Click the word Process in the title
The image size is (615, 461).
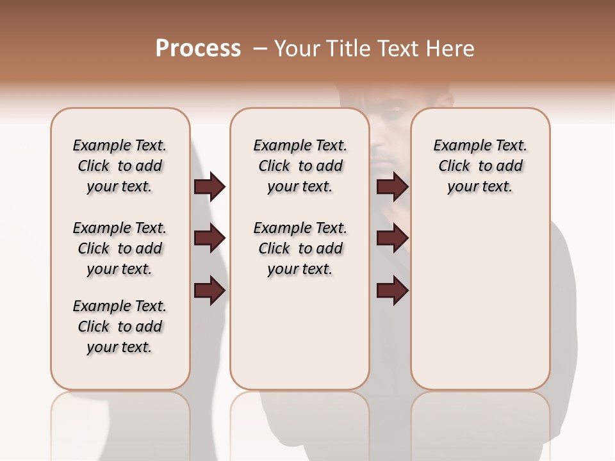tap(198, 49)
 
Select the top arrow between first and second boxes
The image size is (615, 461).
tap(209, 187)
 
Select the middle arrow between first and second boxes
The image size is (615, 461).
tap(209, 239)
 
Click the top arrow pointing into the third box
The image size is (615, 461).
tap(392, 187)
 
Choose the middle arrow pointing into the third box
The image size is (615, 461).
tap(392, 239)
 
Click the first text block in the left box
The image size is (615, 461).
tap(120, 166)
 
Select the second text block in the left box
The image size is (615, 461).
tap(120, 248)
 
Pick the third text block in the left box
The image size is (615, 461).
tap(120, 327)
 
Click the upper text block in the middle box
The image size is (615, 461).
tap(300, 166)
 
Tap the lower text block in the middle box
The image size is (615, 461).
tap(300, 248)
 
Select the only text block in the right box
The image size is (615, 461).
tap(480, 166)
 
